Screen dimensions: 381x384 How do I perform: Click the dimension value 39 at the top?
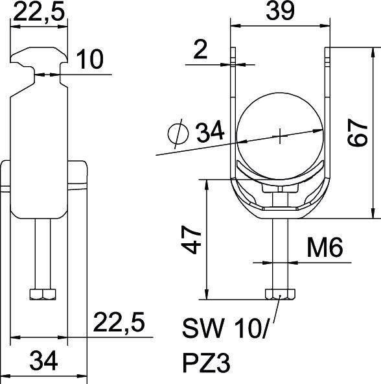coord(280,10)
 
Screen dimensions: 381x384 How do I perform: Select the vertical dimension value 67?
coord(358,132)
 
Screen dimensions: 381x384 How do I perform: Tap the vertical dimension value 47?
coord(192,239)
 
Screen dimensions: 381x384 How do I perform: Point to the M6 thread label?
coord(325,248)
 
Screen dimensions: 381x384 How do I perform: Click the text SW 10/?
coord(225,329)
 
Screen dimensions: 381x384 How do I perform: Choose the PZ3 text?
coord(206,363)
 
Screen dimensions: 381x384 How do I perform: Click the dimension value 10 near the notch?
coord(90,59)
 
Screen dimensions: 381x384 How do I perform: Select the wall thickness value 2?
coord(200,50)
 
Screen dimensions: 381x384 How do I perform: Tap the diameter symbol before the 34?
coord(178,134)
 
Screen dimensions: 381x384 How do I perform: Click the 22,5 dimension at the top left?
coord(39,11)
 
